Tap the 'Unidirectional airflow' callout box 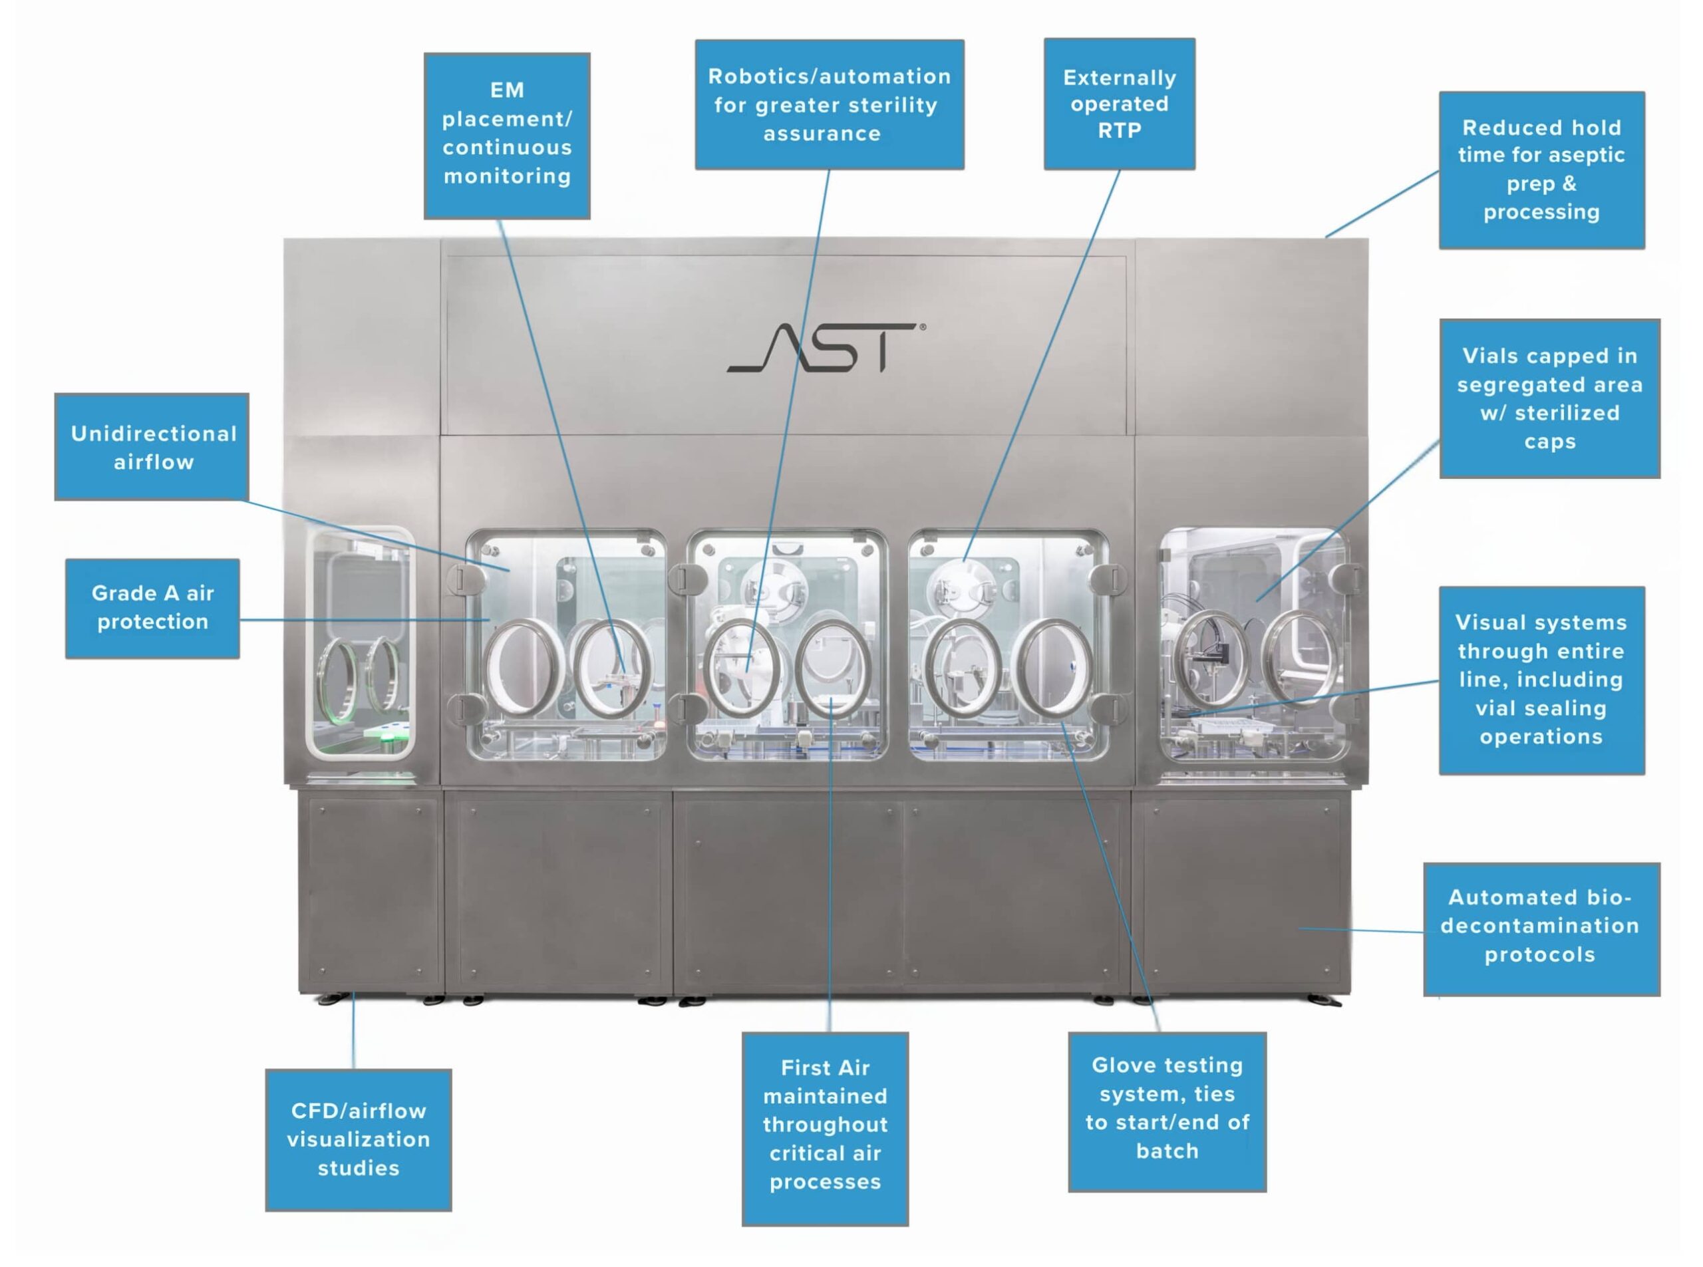pos(152,447)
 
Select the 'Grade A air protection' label pos(152,607)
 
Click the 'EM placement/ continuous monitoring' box pos(507,135)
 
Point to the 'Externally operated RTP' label pos(1119,104)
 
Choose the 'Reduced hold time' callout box pos(1541,170)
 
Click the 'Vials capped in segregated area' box pos(1549,398)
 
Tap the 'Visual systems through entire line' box pos(1541,680)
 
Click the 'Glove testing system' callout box pos(1167,1110)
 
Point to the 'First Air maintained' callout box pos(825,1127)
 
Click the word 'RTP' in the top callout pos(1119,130)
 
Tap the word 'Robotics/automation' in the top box pos(830,76)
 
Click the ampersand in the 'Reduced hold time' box pos(1569,184)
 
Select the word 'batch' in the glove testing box pos(1167,1151)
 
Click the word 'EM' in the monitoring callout pos(507,90)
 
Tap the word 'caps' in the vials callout pos(1549,442)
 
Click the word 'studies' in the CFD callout pos(359,1168)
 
